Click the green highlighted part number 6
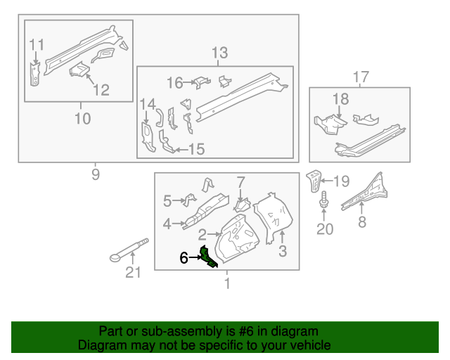point(209,257)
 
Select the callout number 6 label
point(184,258)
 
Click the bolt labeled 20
point(324,203)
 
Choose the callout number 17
point(360,77)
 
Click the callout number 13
point(219,53)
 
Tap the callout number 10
point(82,118)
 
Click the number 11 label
point(37,45)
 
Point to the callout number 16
point(174,84)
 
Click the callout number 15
point(196,149)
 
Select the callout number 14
point(146,105)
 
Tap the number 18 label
point(340,99)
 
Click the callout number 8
point(362,223)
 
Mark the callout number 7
point(240,183)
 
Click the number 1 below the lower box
point(226,283)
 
